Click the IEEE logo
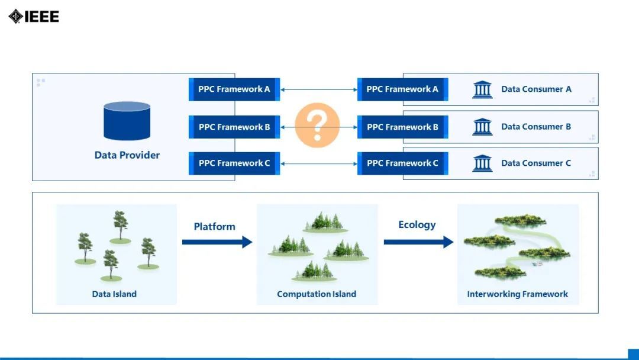pyautogui.click(x=34, y=16)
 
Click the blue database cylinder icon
pyautogui.click(x=127, y=121)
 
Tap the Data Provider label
pyautogui.click(x=127, y=155)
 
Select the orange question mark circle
pyautogui.click(x=317, y=124)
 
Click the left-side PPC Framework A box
pyautogui.click(x=234, y=89)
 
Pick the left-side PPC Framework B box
pyautogui.click(x=234, y=127)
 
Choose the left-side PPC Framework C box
pyautogui.click(x=234, y=163)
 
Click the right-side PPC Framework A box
pyautogui.click(x=402, y=89)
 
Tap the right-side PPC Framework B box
pyautogui.click(x=402, y=127)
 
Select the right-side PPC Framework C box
pyautogui.click(x=402, y=163)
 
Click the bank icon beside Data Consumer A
pyautogui.click(x=482, y=89)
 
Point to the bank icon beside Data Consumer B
pyautogui.click(x=482, y=126)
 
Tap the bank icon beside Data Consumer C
pyautogui.click(x=482, y=163)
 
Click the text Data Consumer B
pyautogui.click(x=536, y=126)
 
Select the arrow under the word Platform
pyautogui.click(x=217, y=242)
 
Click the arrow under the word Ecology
pyautogui.click(x=418, y=242)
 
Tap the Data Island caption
pyautogui.click(x=114, y=294)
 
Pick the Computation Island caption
pyautogui.click(x=317, y=294)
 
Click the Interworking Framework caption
pyautogui.click(x=518, y=294)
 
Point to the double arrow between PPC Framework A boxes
pyautogui.click(x=318, y=90)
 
